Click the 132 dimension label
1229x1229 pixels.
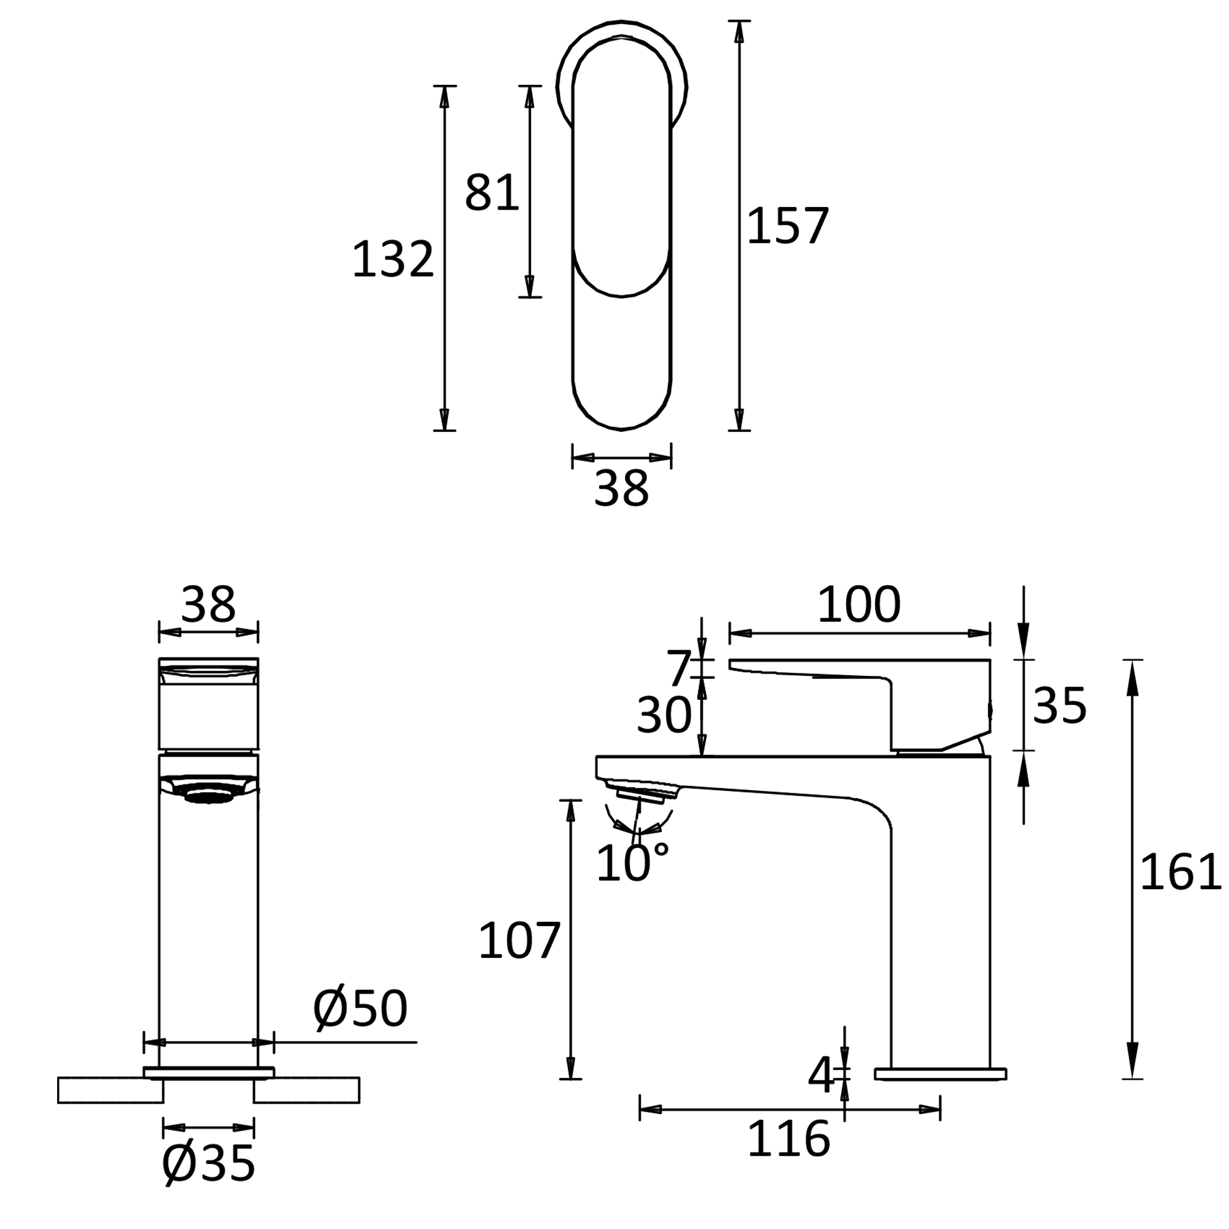click(x=393, y=259)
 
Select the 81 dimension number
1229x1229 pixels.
click(x=492, y=193)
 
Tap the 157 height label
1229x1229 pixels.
click(x=788, y=226)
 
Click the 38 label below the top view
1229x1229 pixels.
click(x=621, y=489)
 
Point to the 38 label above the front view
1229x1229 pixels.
click(x=208, y=604)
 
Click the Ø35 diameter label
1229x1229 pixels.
click(x=209, y=1163)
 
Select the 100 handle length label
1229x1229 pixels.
click(x=859, y=604)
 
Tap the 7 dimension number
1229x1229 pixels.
click(x=678, y=667)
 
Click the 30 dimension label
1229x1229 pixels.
click(x=664, y=715)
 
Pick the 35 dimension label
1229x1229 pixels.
click(x=1059, y=705)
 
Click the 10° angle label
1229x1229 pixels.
click(x=632, y=863)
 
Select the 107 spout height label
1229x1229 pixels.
click(x=519, y=941)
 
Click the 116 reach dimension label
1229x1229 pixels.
click(x=789, y=1139)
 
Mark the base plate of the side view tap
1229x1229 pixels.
click(x=940, y=1074)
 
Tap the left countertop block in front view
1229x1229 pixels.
click(x=110, y=1090)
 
